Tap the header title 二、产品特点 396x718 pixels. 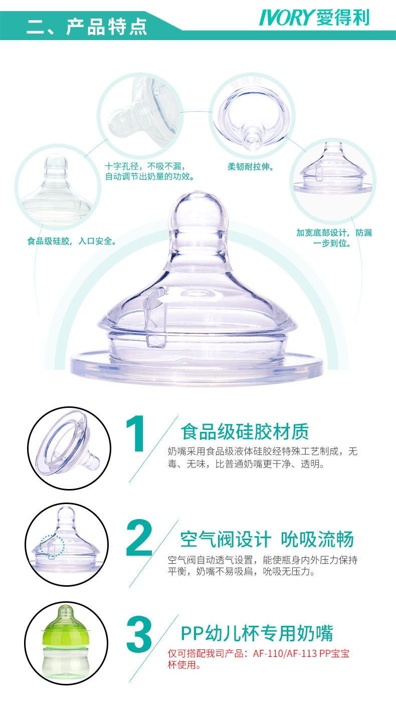[87, 27]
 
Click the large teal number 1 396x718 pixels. [136, 434]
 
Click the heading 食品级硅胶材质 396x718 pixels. [245, 431]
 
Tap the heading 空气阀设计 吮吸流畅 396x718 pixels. [267, 539]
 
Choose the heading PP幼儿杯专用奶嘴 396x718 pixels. [257, 633]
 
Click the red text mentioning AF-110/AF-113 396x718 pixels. [259, 659]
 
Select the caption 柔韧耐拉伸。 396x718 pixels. [251, 167]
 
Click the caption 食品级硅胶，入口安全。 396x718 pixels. [72, 241]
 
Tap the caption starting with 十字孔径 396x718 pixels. [149, 171]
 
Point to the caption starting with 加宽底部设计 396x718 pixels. [334, 238]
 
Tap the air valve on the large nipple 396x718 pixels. [156, 317]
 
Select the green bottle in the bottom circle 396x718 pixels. [66, 641]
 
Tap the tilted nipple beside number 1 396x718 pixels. [67, 444]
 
